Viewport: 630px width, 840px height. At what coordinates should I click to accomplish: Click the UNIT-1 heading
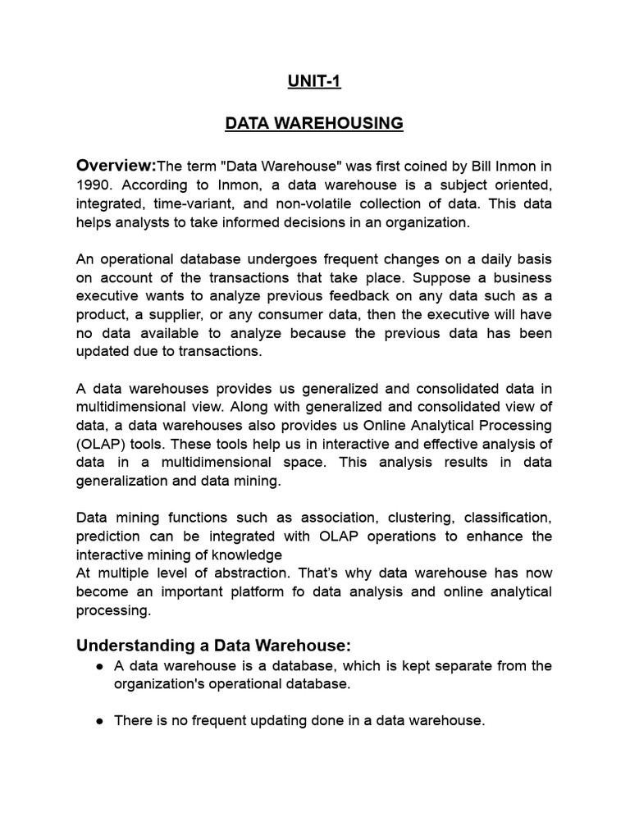(x=314, y=81)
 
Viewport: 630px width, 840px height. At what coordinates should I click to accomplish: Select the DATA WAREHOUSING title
(x=314, y=123)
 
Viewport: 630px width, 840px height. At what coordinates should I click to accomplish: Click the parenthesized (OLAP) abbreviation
(x=103, y=444)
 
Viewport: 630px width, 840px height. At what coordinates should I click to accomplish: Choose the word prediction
(x=109, y=536)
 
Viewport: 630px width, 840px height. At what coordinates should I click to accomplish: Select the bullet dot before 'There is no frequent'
(x=99, y=721)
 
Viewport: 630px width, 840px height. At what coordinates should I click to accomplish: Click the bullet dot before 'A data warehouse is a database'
(x=99, y=666)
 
